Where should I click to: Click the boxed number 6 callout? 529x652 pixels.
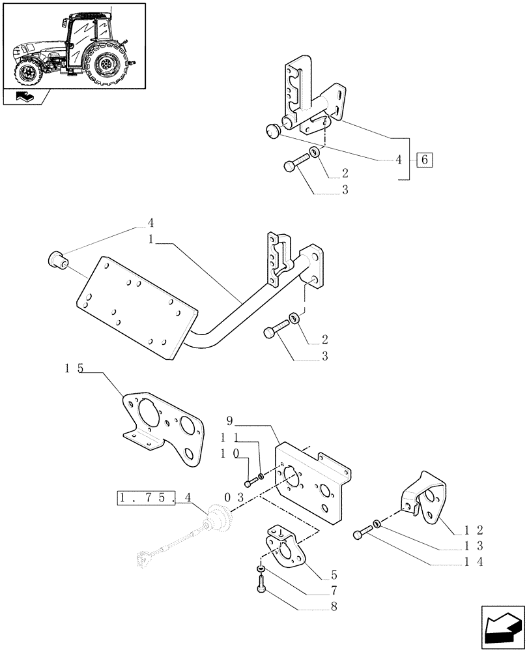point(424,160)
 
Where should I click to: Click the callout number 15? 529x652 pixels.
point(74,369)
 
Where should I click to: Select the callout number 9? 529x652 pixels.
point(229,420)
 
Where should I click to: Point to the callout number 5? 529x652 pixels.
point(334,576)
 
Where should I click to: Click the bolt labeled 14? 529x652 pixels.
point(360,535)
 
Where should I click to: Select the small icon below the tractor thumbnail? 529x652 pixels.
point(27,98)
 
